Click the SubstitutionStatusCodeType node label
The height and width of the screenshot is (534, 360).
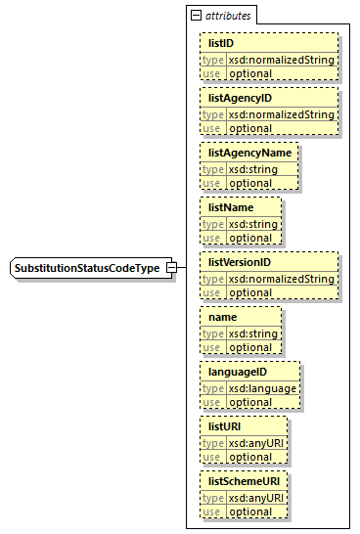pyautogui.click(x=87, y=268)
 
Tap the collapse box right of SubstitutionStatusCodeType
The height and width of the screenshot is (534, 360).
pyautogui.click(x=171, y=268)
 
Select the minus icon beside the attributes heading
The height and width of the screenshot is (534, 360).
pyautogui.click(x=196, y=16)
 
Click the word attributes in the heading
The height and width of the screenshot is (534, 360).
pyautogui.click(x=227, y=16)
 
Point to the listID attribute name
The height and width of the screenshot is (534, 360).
pyautogui.click(x=220, y=44)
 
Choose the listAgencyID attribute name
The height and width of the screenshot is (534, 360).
pyautogui.click(x=240, y=99)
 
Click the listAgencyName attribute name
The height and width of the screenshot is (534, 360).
pyautogui.click(x=247, y=154)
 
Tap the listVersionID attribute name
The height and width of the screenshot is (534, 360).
pyautogui.click(x=239, y=263)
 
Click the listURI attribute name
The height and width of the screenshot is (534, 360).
pyautogui.click(x=225, y=427)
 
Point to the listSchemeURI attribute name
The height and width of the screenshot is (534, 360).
pyautogui.click(x=242, y=482)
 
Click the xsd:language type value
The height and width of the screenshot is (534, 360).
pyautogui.click(x=262, y=388)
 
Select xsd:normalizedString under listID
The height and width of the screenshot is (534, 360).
pyautogui.click(x=282, y=60)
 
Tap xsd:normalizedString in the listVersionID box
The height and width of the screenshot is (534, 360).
pyautogui.click(x=282, y=279)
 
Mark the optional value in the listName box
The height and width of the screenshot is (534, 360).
pyautogui.click(x=250, y=238)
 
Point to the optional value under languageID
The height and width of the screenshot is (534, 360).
pyautogui.click(x=250, y=402)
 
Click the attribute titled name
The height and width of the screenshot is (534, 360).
pyautogui.click(x=223, y=318)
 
